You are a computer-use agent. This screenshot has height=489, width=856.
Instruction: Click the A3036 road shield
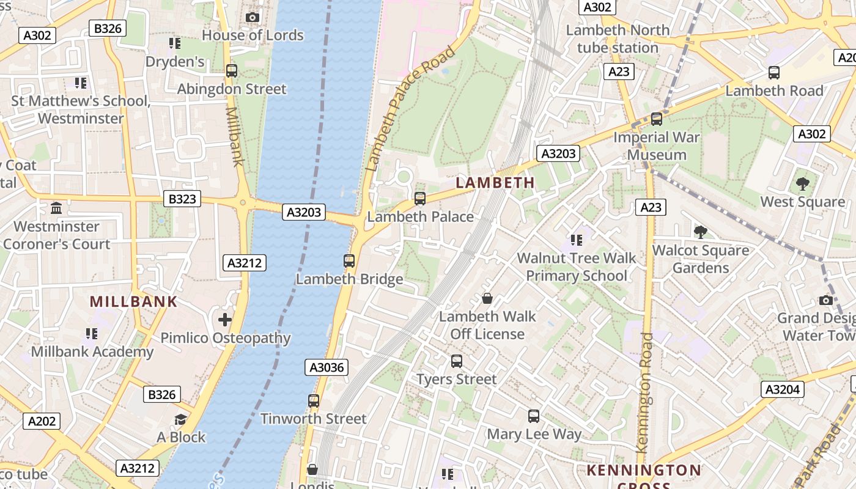click(327, 367)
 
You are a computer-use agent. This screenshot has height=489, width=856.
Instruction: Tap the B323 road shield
click(182, 199)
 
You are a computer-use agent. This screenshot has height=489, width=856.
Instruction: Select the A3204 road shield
click(782, 389)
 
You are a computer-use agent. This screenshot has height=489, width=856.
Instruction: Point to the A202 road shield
click(42, 421)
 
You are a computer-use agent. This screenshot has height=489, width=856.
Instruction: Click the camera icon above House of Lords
click(253, 18)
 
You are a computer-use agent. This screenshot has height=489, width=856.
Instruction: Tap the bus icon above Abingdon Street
click(232, 71)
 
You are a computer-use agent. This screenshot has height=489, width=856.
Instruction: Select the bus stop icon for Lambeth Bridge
click(349, 261)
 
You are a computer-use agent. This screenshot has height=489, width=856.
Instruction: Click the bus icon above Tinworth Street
click(314, 401)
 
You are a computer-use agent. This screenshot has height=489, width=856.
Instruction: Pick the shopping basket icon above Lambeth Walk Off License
click(487, 298)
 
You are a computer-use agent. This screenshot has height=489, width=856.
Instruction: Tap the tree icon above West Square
click(802, 183)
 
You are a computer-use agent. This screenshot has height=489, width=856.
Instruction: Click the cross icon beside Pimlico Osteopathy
click(225, 319)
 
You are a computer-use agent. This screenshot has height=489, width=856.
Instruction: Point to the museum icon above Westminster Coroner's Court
click(57, 208)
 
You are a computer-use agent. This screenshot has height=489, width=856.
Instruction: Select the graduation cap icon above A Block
click(180, 419)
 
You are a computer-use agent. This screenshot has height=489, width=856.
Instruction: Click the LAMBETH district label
click(495, 183)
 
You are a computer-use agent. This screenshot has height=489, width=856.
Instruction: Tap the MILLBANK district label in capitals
click(133, 301)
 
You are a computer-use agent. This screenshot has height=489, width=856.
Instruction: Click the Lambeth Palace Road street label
click(410, 108)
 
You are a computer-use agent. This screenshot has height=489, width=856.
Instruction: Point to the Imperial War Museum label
click(657, 146)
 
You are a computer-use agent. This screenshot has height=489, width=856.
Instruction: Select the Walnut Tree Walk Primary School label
click(577, 267)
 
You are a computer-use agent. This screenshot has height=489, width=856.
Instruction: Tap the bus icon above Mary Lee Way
click(534, 416)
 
